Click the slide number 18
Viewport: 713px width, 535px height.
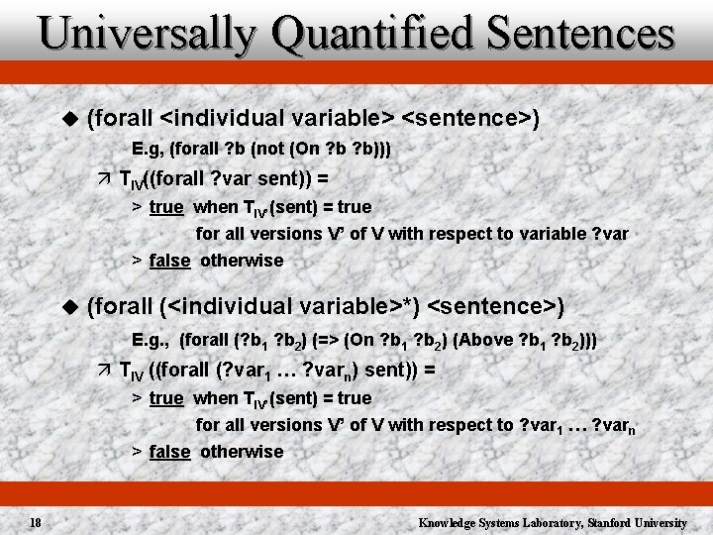[x=35, y=522]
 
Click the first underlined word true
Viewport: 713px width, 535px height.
[x=166, y=207]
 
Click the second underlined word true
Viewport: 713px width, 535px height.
[x=166, y=397]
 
